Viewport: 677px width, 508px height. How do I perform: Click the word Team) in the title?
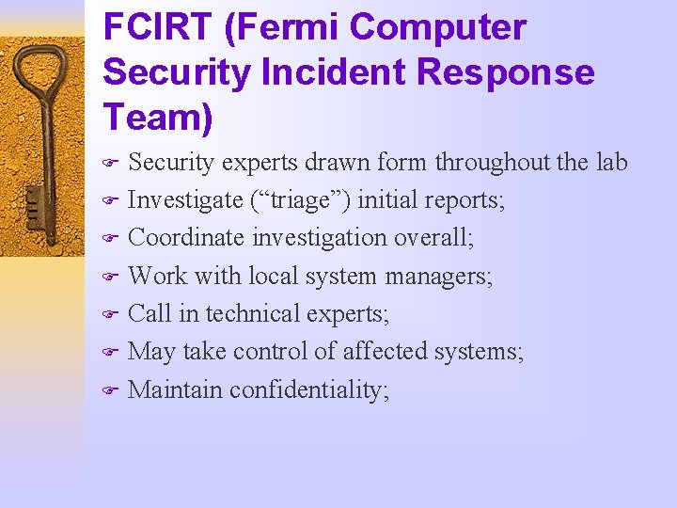tap(159, 117)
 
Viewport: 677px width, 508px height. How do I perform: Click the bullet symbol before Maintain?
tap(108, 390)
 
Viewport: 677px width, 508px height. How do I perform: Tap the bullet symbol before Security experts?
tap(108, 164)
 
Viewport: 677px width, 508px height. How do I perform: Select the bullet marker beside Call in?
tap(108, 315)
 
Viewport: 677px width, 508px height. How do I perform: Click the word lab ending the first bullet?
tap(611, 162)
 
